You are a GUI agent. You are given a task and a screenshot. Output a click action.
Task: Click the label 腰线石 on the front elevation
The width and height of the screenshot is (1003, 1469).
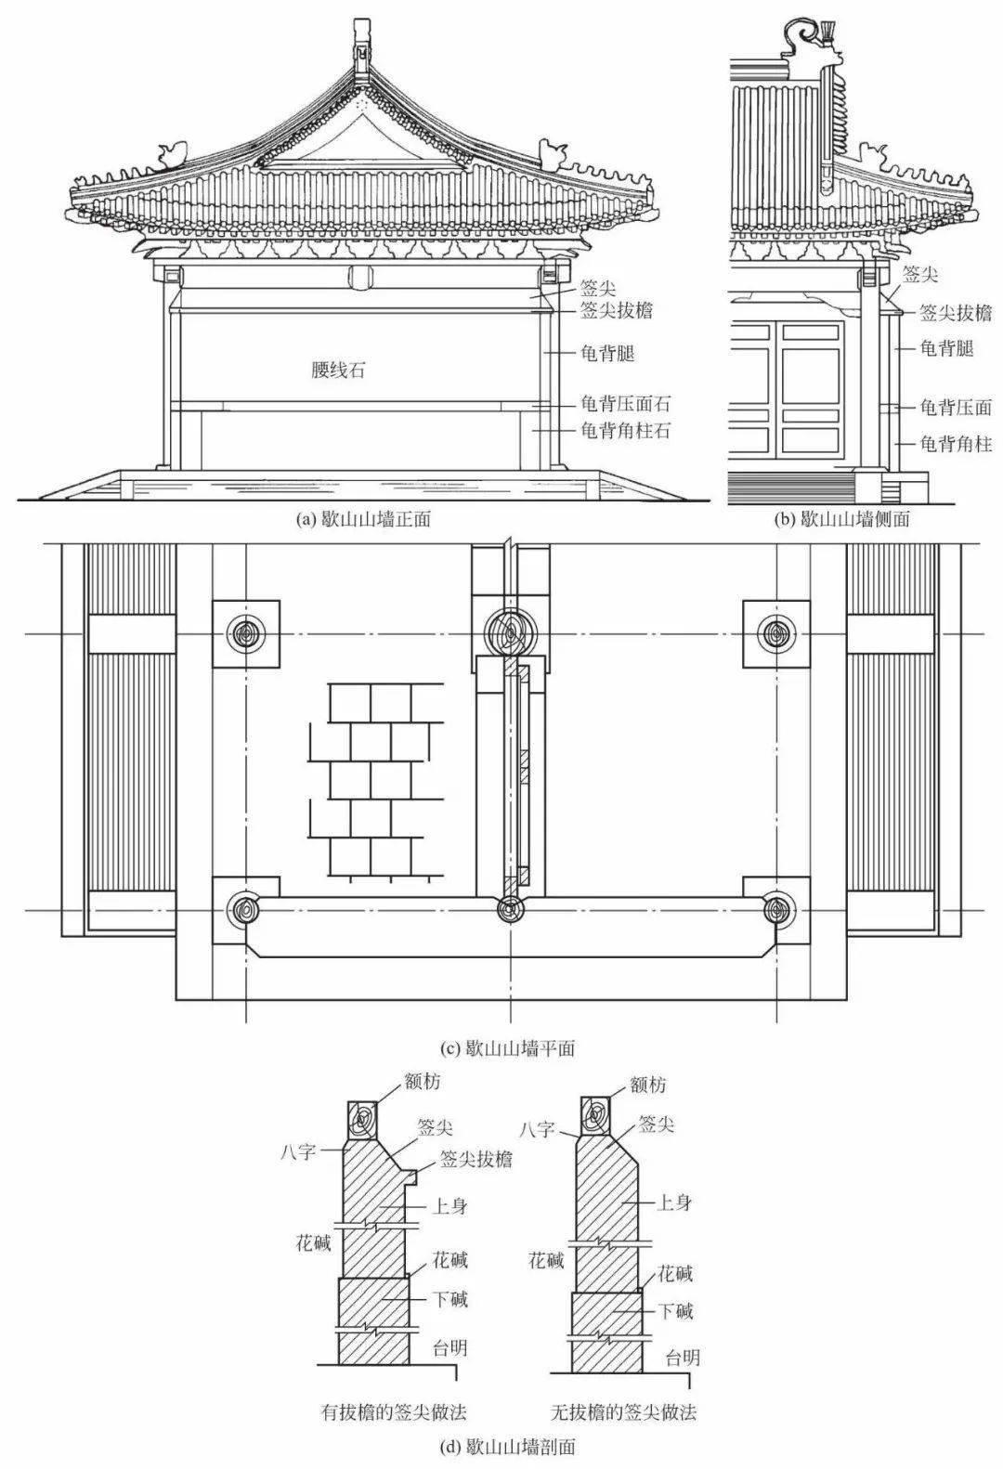pyautogui.click(x=338, y=370)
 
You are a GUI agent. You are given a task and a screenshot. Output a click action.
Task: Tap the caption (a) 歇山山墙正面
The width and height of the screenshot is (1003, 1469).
pyautogui.click(x=363, y=520)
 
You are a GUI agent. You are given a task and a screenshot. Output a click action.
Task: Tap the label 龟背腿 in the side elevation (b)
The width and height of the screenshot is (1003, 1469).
pyautogui.click(x=946, y=348)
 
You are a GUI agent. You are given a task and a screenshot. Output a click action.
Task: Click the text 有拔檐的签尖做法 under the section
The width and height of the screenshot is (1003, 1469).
pyautogui.click(x=391, y=1412)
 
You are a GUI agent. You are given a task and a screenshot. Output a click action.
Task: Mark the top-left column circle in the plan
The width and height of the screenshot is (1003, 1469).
pyautogui.click(x=246, y=633)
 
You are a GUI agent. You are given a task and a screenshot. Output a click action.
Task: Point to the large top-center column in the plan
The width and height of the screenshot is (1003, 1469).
pyautogui.click(x=509, y=631)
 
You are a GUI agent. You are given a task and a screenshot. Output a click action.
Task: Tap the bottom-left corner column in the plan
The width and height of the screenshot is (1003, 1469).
pyautogui.click(x=246, y=909)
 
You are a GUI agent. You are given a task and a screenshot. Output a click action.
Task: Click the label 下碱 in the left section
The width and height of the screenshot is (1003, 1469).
pyautogui.click(x=451, y=1299)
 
